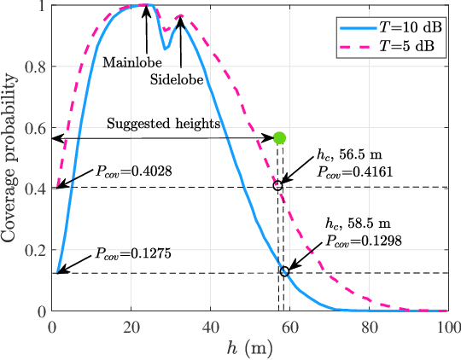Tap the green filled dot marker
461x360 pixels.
tap(279, 137)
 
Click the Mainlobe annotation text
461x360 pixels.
tap(128, 62)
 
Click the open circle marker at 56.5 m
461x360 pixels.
tap(277, 186)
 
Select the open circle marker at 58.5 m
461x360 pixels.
tap(284, 271)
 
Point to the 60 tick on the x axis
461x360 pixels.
tap(290, 324)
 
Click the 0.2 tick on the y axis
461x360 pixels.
tap(37, 251)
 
